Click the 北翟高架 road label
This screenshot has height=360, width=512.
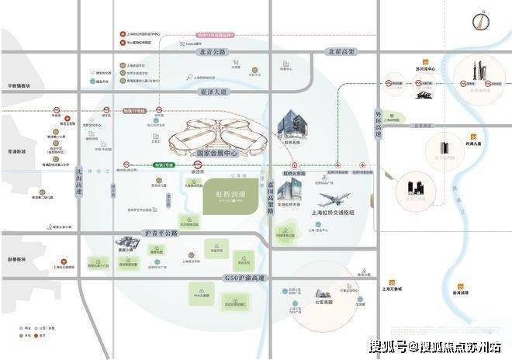(340, 52)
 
